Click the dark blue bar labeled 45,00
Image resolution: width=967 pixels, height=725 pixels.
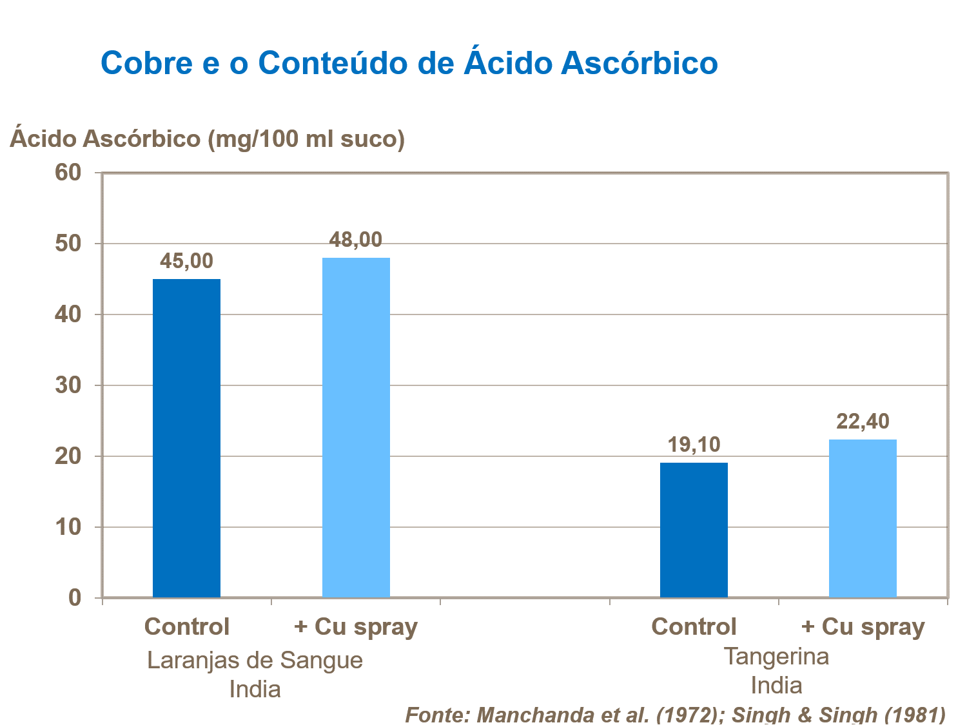(186, 438)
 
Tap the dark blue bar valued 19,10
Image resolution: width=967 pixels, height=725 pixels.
(694, 530)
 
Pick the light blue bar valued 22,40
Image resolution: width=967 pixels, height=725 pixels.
(863, 518)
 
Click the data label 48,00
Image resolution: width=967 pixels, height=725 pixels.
(356, 240)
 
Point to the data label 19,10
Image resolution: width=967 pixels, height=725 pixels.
(694, 445)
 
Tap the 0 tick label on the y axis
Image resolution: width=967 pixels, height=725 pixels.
(75, 598)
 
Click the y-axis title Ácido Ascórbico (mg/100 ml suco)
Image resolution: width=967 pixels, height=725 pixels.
(207, 139)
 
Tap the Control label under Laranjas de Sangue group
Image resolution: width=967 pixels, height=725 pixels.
(186, 626)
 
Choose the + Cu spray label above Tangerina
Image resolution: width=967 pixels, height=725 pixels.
(863, 626)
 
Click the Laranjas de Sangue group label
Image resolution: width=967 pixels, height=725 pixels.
(255, 661)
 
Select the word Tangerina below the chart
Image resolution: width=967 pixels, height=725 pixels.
(776, 656)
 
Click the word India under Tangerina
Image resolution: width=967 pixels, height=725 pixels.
(776, 685)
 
